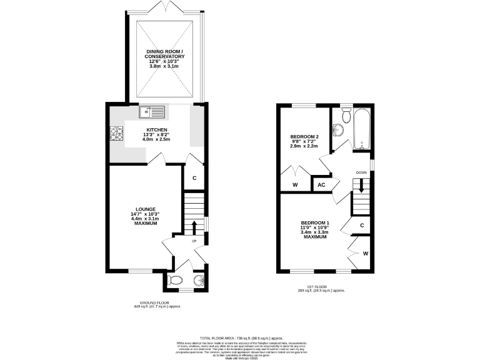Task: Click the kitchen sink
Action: pyautogui.click(x=153, y=112)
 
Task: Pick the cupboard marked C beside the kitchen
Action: pyautogui.click(x=194, y=178)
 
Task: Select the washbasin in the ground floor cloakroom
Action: pyautogui.click(x=199, y=279)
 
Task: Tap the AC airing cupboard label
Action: pyautogui.click(x=321, y=185)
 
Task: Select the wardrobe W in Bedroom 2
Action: pyautogui.click(x=295, y=185)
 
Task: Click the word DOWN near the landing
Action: pyautogui.click(x=361, y=172)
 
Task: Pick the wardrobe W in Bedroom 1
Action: pyautogui.click(x=365, y=253)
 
